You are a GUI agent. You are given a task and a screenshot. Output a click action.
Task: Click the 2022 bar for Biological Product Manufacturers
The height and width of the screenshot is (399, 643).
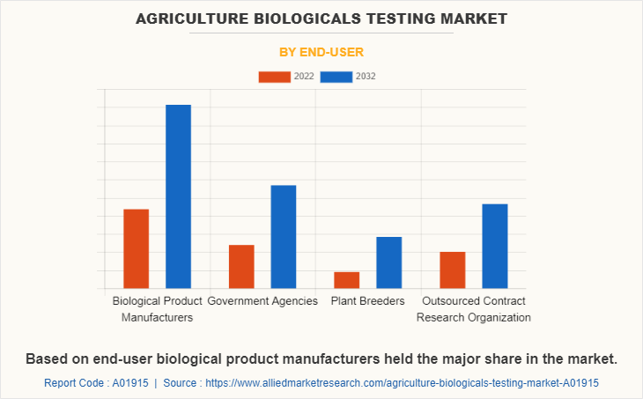pyautogui.click(x=136, y=248)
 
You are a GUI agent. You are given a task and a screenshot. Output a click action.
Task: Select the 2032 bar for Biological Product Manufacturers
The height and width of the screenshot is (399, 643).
pyautogui.click(x=178, y=196)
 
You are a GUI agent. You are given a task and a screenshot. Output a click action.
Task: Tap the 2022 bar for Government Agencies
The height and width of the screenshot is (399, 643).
pyautogui.click(x=241, y=266)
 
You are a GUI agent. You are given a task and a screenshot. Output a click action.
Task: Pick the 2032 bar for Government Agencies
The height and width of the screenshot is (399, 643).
pyautogui.click(x=284, y=236)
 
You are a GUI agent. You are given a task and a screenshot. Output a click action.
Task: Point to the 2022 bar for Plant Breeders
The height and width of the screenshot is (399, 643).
pyautogui.click(x=346, y=279)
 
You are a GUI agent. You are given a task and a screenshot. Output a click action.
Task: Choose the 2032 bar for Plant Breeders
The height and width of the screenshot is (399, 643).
pyautogui.click(x=388, y=262)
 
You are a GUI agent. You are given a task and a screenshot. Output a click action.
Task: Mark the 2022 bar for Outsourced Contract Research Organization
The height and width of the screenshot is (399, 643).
pyautogui.click(x=452, y=270)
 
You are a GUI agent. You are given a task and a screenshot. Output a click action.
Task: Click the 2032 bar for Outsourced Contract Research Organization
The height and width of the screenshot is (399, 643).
pyautogui.click(x=494, y=246)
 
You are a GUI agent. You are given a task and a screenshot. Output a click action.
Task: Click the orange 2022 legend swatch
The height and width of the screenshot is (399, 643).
pyautogui.click(x=274, y=77)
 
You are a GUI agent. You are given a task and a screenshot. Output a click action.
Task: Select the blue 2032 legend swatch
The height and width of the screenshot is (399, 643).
pyautogui.click(x=336, y=77)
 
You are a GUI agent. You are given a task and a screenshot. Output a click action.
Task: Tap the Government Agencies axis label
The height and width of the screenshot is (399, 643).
pyautogui.click(x=262, y=301)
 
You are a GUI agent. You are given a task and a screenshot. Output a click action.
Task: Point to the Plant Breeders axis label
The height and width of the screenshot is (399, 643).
pyautogui.click(x=367, y=301)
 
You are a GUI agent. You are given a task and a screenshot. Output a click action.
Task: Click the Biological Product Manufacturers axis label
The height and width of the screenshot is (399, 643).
pyautogui.click(x=157, y=309)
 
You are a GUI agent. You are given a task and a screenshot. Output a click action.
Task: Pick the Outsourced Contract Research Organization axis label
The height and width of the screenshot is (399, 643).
pyautogui.click(x=473, y=309)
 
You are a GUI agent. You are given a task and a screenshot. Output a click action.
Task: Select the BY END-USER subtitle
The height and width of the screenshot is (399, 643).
pyautogui.click(x=321, y=52)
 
